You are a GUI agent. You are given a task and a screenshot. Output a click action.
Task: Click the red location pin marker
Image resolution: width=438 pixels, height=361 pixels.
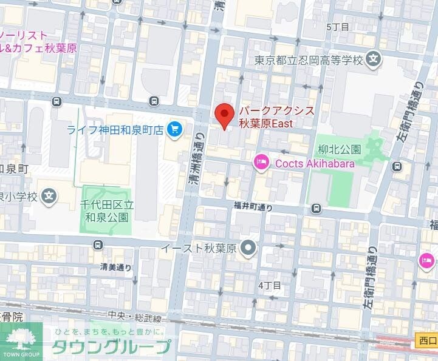[225, 115]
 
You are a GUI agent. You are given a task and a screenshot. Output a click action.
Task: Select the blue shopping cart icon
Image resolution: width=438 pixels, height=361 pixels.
[175, 129]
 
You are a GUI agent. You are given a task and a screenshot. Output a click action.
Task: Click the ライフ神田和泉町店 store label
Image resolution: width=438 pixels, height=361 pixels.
[115, 129]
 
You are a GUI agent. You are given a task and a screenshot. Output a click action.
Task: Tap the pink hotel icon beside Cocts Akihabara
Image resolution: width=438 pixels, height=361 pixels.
[261, 161]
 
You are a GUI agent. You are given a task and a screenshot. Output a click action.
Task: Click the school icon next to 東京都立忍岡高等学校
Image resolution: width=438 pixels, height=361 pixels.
[374, 60]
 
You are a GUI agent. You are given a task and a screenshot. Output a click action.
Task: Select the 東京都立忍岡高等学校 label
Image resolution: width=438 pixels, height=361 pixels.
[308, 60]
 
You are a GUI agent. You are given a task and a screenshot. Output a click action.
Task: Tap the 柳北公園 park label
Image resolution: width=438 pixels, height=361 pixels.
[339, 149]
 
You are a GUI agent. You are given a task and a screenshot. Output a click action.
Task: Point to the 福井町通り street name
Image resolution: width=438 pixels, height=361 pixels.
[253, 207]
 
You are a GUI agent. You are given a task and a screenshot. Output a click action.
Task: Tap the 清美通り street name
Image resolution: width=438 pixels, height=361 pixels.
[115, 266]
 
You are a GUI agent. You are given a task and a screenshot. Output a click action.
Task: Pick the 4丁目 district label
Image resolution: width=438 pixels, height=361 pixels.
[270, 285]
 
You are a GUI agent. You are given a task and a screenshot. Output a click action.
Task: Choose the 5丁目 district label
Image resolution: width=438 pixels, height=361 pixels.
[338, 27]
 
